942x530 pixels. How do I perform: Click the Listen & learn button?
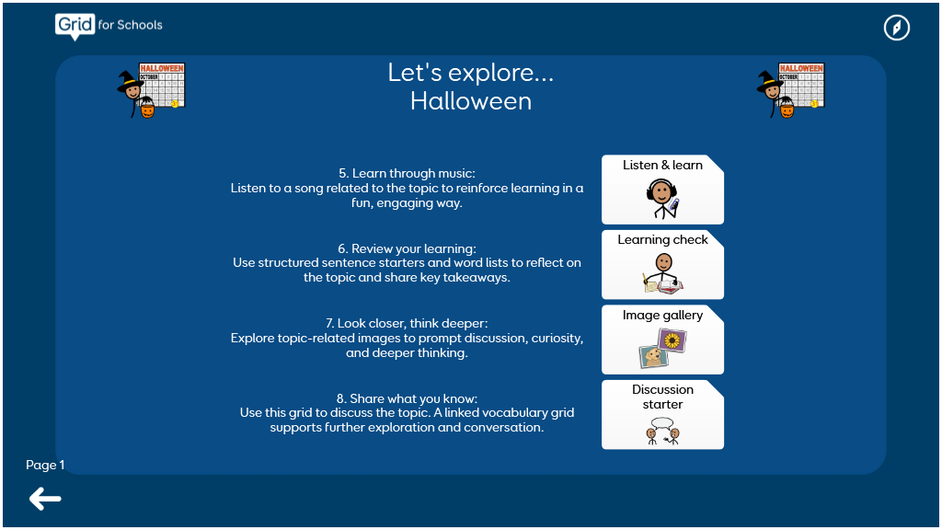pos(662,190)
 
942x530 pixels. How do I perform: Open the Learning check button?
pos(662,264)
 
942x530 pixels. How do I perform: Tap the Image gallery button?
pos(662,340)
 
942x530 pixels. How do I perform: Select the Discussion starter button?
pos(662,415)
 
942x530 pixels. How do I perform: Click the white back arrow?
pos(45,499)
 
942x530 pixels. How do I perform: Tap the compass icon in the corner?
pos(896,28)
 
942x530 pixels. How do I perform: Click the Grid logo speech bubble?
pos(75,27)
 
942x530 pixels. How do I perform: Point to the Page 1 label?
pos(45,465)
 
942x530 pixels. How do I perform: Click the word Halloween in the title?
pos(471,101)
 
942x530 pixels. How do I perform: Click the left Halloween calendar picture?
pos(152,90)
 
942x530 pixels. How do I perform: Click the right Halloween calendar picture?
pos(790,90)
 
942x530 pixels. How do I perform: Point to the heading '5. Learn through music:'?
pos(407,173)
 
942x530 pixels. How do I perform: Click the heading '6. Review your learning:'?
pos(407,248)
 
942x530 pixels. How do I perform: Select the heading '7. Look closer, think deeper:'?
pos(407,323)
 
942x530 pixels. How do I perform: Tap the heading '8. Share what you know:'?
pos(407,398)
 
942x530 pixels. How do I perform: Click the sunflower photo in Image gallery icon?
pos(672,340)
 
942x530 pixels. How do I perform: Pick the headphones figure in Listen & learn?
pos(662,199)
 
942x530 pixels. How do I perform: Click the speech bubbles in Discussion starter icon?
pos(662,422)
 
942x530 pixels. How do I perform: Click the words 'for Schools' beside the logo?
pos(131,25)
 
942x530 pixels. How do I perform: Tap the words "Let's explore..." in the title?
pos(471,72)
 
